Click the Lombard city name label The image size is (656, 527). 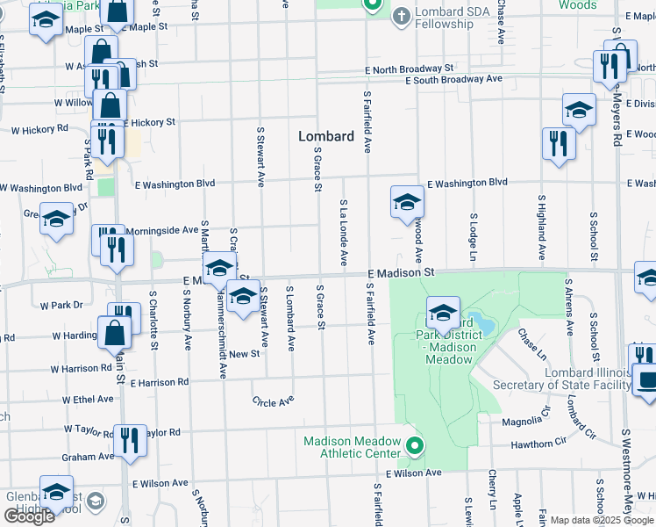[x=326, y=136]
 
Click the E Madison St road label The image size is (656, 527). [x=401, y=273]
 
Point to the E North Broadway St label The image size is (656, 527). [x=410, y=68]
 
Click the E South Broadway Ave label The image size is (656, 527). [x=453, y=79]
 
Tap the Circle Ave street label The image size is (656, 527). [x=273, y=402]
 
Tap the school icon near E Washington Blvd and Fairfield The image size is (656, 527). [x=406, y=202]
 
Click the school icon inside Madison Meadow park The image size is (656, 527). [x=443, y=312]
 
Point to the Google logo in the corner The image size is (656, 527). [x=29, y=516]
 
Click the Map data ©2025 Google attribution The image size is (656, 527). [x=602, y=520]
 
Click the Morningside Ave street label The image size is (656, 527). [x=161, y=230]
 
